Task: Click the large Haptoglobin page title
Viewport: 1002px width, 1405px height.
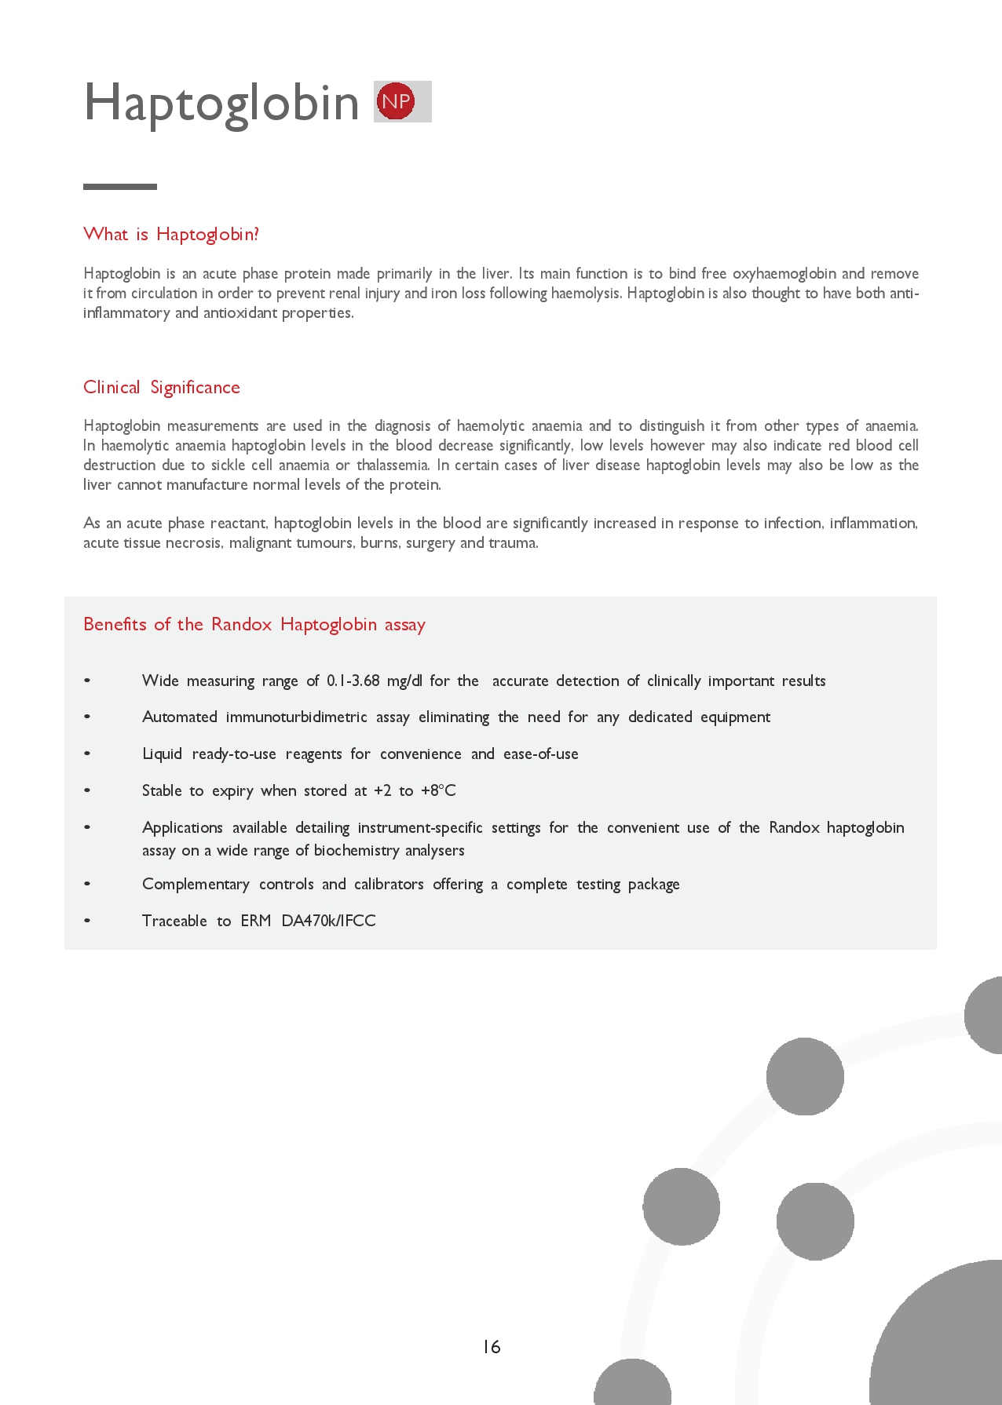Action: (x=221, y=103)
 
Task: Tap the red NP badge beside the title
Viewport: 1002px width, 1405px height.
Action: (x=396, y=101)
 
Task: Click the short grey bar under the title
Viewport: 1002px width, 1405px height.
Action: (x=120, y=187)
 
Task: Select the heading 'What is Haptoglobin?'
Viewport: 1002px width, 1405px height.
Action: (x=171, y=234)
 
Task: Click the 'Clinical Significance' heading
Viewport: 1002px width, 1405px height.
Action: (x=162, y=387)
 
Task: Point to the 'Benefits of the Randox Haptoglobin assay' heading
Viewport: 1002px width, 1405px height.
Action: (x=254, y=624)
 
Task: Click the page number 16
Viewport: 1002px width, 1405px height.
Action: (x=492, y=1347)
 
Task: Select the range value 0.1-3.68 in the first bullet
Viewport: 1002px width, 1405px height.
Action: (x=353, y=681)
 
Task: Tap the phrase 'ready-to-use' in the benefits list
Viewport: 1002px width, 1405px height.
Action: (x=234, y=754)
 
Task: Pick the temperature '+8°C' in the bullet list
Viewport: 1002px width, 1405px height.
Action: (x=438, y=790)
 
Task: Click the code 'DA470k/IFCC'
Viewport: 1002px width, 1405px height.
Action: (x=328, y=921)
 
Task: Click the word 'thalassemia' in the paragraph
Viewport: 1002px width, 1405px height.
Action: (x=393, y=465)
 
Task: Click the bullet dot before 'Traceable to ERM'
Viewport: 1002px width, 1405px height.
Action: (x=87, y=921)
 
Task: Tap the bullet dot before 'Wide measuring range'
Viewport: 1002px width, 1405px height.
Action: (x=87, y=681)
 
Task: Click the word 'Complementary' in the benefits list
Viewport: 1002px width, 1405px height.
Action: (x=196, y=884)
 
